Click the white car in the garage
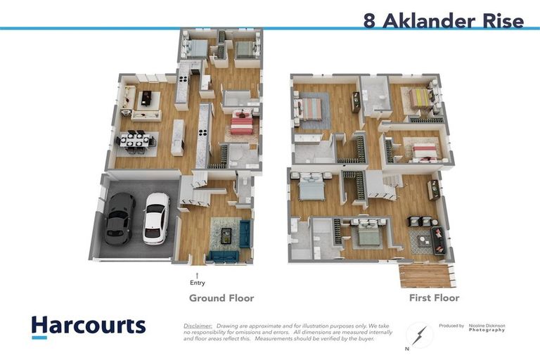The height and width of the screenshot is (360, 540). coord(156,219)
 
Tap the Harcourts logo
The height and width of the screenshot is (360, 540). coord(89,326)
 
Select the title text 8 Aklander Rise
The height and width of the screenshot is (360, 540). coord(443,20)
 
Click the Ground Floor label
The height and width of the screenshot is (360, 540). coord(221,298)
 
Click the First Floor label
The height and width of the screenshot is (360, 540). coord(434,298)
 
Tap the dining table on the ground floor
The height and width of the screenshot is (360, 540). coord(136,140)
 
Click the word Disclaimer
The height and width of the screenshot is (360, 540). coord(198,326)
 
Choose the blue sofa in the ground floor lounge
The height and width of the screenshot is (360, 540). coord(244,234)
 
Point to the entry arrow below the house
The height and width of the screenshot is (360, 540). coord(197,275)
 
